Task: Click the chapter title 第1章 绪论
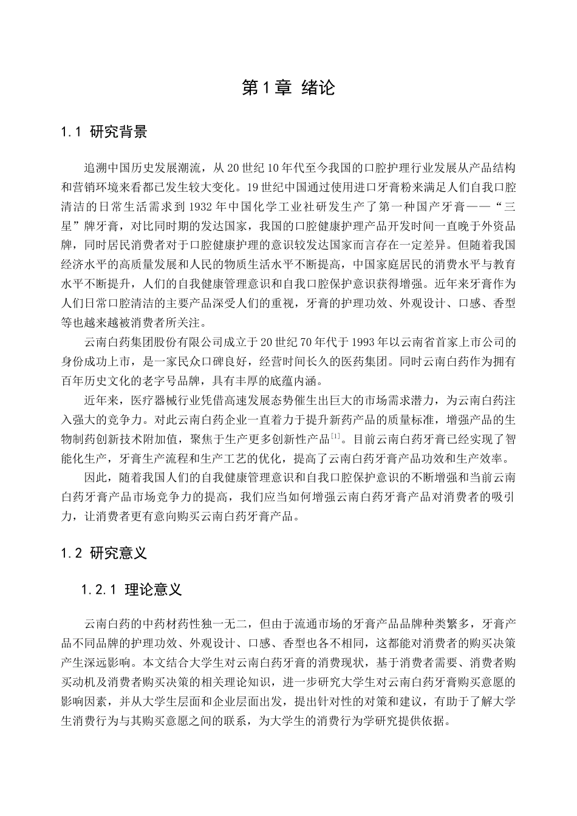click(288, 88)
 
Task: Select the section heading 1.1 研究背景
click(104, 132)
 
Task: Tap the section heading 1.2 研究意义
click(104, 553)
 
